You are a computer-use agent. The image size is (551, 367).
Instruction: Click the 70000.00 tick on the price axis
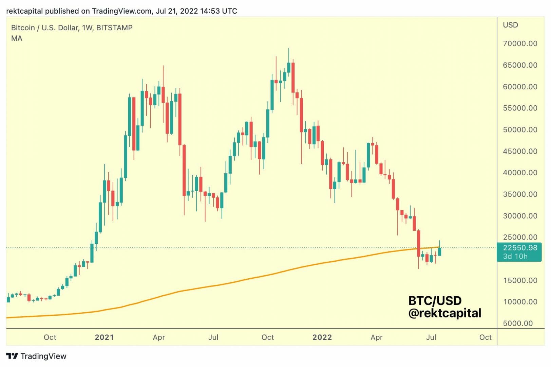pyautogui.click(x=520, y=43)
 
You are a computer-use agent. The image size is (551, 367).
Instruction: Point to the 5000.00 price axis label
pyautogui.click(x=518, y=323)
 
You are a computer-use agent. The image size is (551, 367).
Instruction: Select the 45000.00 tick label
pyautogui.click(x=520, y=151)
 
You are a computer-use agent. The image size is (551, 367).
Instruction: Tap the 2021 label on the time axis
pyautogui.click(x=104, y=337)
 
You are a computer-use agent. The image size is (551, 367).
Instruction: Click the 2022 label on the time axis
pyautogui.click(x=322, y=337)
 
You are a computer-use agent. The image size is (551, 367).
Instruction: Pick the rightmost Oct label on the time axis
pyautogui.click(x=485, y=337)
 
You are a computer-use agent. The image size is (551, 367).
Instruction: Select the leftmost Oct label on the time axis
pyautogui.click(x=50, y=337)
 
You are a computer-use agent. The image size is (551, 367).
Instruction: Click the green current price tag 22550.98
pyautogui.click(x=520, y=248)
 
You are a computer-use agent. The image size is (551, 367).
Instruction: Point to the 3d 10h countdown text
pyautogui.click(x=515, y=257)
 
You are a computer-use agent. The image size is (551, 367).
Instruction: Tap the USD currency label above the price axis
pyautogui.click(x=510, y=25)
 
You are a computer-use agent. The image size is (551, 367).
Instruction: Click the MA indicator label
pyautogui.click(x=17, y=38)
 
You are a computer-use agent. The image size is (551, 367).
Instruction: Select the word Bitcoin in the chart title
pyautogui.click(x=23, y=28)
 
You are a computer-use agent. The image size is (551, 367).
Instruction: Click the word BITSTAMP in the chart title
pyautogui.click(x=114, y=28)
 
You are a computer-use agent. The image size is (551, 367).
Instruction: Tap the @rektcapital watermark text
pyautogui.click(x=444, y=313)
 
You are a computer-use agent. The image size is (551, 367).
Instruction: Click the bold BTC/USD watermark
pyautogui.click(x=435, y=301)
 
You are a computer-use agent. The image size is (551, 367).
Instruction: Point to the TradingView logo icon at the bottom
pyautogui.click(x=12, y=356)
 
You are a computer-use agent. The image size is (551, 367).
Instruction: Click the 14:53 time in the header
pyautogui.click(x=210, y=11)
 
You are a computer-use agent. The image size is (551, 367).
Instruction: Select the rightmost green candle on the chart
pyautogui.click(x=440, y=251)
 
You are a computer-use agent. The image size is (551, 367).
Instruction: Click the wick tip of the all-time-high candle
pyautogui.click(x=289, y=48)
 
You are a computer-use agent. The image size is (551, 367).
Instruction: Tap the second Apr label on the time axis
pyautogui.click(x=376, y=337)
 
